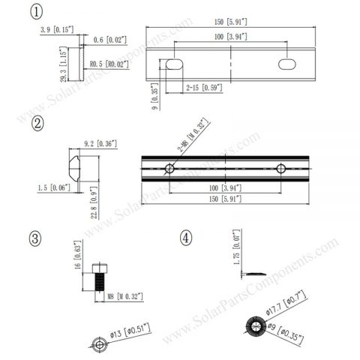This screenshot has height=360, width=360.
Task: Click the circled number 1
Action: (x=36, y=12)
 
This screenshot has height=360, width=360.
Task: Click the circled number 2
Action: (x=36, y=124)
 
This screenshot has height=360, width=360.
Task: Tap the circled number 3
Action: (x=36, y=238)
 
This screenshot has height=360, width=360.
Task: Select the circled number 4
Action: (x=186, y=238)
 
